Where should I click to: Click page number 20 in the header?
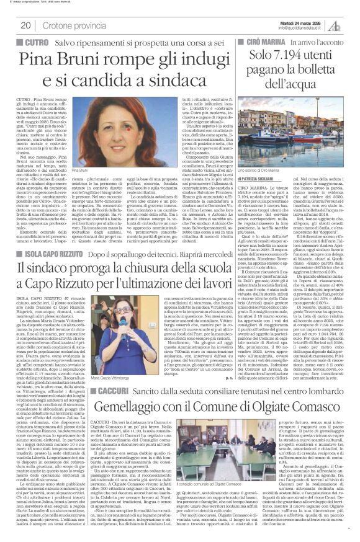pos(25,25)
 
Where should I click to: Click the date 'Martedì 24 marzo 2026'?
pos(297,22)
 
